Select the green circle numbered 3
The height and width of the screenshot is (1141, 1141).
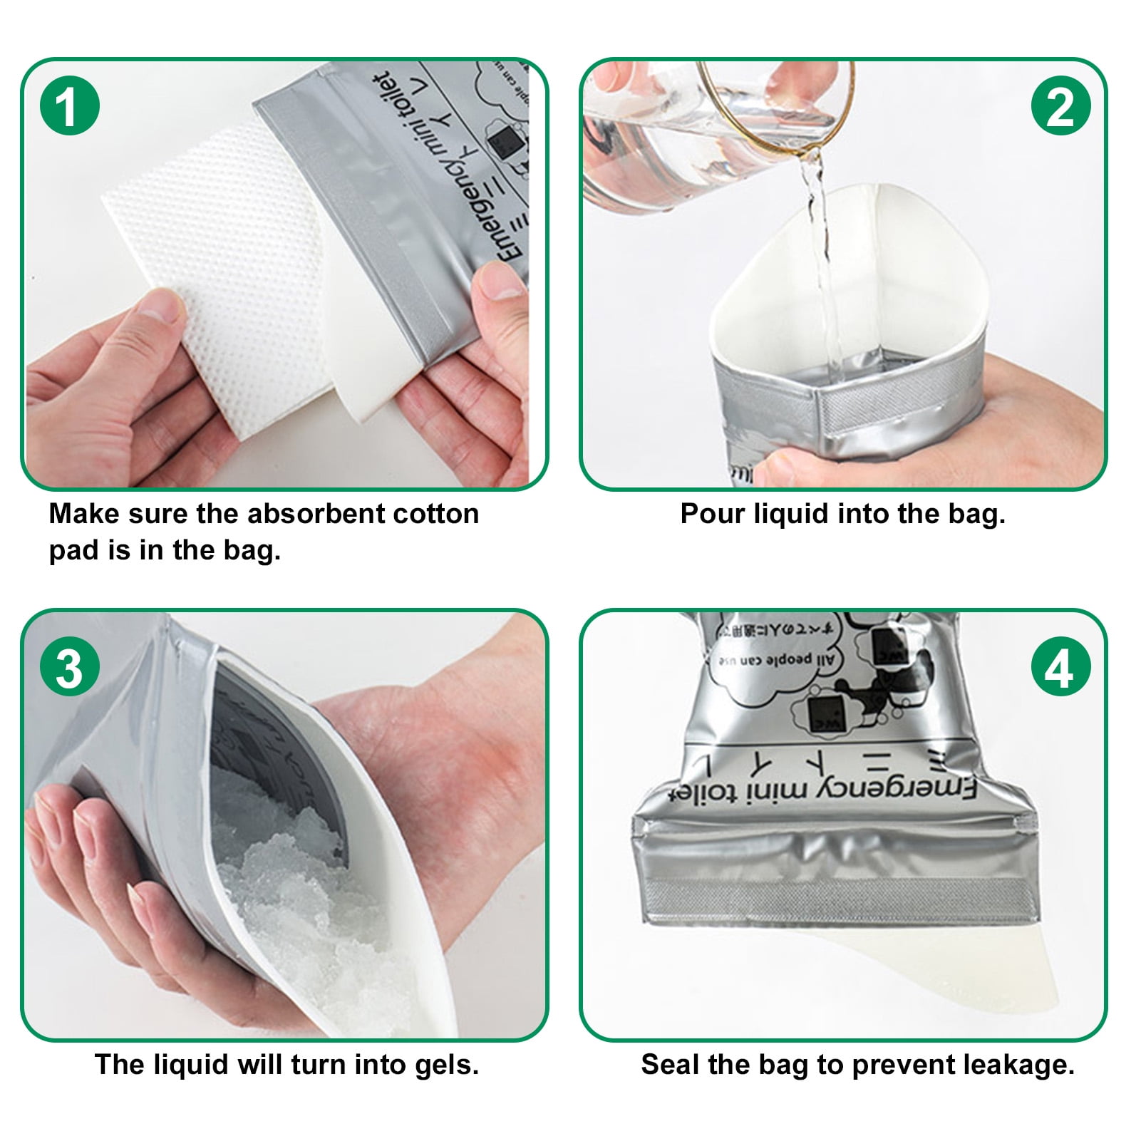pyautogui.click(x=69, y=668)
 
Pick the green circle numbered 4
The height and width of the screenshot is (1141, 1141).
pyautogui.click(x=1060, y=668)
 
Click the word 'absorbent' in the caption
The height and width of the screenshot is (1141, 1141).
pyautogui.click(x=310, y=514)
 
